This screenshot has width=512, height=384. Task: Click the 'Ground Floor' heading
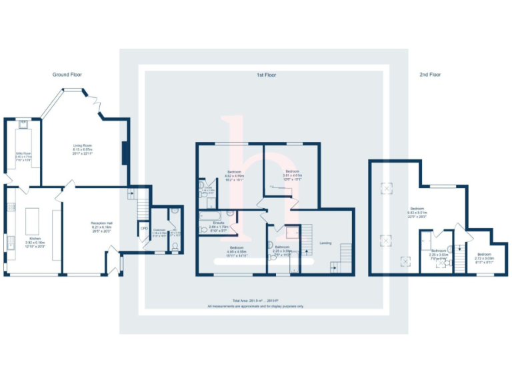(x=67, y=75)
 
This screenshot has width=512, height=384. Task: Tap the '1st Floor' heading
(x=266, y=75)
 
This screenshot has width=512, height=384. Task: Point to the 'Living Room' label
(x=83, y=147)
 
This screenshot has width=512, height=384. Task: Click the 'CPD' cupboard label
(x=143, y=229)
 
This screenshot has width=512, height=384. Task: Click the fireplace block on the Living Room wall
(x=124, y=153)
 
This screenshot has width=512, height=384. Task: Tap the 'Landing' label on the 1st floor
(x=325, y=243)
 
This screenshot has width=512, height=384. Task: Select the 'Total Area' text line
(x=255, y=301)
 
